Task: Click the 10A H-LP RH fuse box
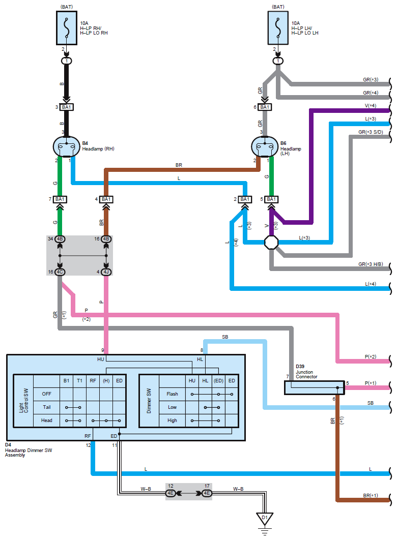67,27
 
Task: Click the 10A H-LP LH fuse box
278,27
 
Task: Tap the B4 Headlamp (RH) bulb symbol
67,146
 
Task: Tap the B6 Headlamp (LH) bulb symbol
265,146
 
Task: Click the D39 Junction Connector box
315,387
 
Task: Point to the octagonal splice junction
271,242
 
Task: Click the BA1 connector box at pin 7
60,199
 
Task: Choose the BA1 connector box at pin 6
265,107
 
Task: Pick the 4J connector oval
106,272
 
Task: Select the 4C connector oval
60,272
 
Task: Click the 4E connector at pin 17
207,493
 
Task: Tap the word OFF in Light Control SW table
46,394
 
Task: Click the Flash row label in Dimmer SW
173,394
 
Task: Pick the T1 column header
79,380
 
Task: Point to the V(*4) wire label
371,106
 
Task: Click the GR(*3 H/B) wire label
371,264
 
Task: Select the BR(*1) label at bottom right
371,495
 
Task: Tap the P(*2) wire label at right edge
371,356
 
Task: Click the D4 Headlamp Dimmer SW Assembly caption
29,450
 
